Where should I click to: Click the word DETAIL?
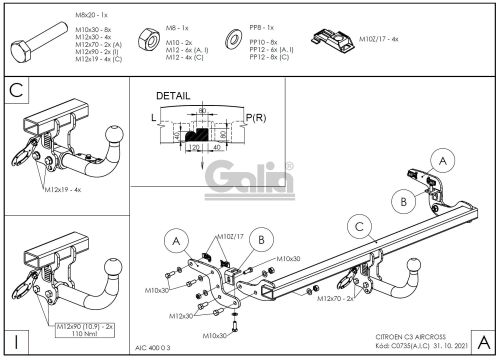click(173, 96)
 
